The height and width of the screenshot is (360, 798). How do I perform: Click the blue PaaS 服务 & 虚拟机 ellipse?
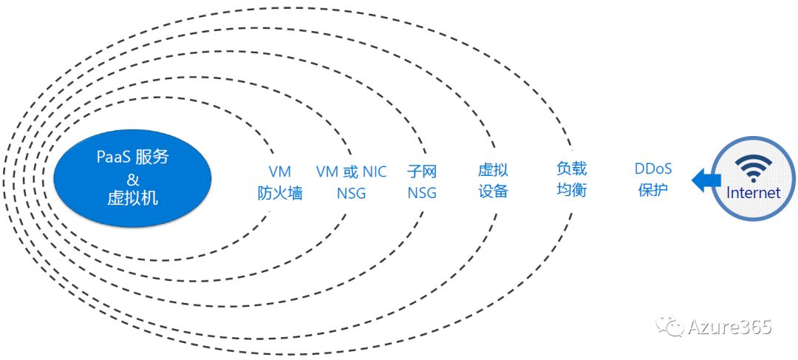[134, 177]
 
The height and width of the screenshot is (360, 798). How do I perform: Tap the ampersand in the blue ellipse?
[133, 178]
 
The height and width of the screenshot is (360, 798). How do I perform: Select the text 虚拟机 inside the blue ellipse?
[133, 198]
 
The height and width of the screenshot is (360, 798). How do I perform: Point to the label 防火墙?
[280, 194]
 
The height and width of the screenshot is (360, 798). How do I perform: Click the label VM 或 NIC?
[351, 172]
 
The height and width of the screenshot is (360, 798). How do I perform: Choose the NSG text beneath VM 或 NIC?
[351, 194]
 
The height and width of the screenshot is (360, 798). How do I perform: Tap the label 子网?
[422, 172]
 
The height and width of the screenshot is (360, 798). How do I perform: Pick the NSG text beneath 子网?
[422, 194]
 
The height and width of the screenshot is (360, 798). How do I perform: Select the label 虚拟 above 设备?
[493, 170]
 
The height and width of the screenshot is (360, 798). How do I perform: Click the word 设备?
[493, 191]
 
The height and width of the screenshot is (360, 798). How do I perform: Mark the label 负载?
[571, 169]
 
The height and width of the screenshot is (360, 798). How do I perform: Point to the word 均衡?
[571, 189]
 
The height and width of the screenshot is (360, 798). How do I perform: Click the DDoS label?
[652, 169]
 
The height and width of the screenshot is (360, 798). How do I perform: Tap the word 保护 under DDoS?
[652, 189]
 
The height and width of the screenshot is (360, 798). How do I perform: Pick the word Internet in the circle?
[753, 193]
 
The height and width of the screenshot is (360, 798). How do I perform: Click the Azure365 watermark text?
[729, 327]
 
